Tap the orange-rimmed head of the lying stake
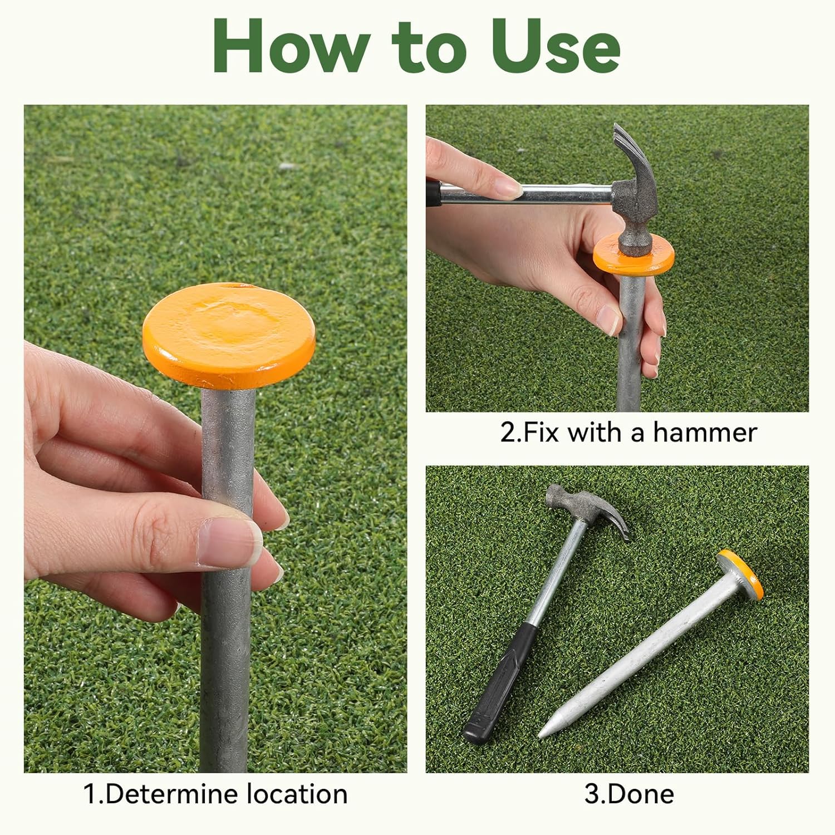pyautogui.click(x=740, y=574)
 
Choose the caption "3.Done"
pyautogui.click(x=629, y=794)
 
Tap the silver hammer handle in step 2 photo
pyautogui.click(x=562, y=194)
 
